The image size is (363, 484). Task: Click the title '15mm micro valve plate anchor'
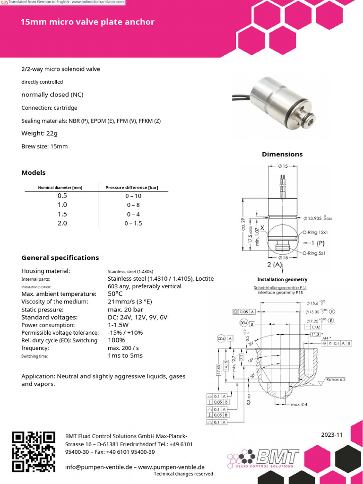pos(87,22)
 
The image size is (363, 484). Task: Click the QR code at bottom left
pos(34,452)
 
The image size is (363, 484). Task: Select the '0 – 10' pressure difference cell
pos(133,196)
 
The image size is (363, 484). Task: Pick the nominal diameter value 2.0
pos(62,223)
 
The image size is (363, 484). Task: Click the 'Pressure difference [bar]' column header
pos(131,187)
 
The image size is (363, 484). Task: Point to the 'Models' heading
pos(34,173)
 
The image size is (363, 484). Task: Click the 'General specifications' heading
pos(60,258)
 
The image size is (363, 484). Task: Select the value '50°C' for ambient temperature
pos(116,294)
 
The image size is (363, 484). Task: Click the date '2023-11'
pos(331,435)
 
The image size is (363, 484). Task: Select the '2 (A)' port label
pos(275,265)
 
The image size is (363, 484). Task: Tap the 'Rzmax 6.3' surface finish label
pos(336,379)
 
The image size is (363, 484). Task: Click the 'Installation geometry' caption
pos(282,279)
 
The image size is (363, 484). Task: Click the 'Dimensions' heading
pos(282,154)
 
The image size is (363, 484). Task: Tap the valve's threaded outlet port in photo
pos(306,124)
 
